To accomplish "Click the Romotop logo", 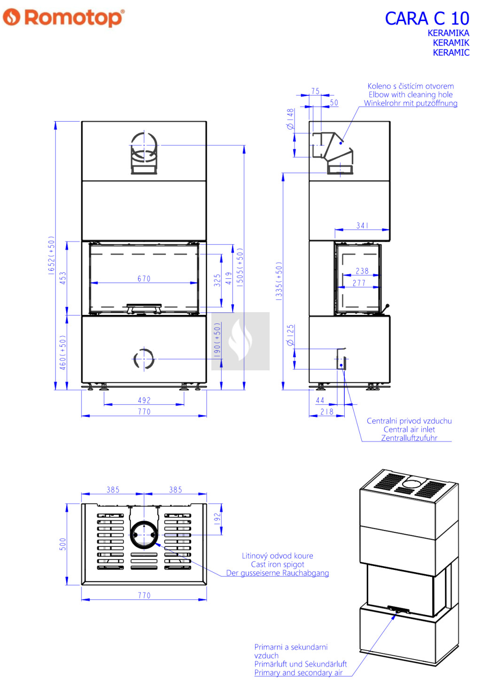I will click(x=63, y=18).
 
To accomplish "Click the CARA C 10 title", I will click(x=427, y=19).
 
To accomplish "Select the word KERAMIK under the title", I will click(x=450, y=43).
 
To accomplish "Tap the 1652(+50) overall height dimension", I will click(x=51, y=255).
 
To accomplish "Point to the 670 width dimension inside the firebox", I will click(x=144, y=279).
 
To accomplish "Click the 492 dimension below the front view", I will click(x=144, y=400).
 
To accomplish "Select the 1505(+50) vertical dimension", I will click(x=240, y=268).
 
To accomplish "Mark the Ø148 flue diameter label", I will click(x=290, y=119).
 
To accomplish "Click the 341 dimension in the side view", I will click(x=362, y=226).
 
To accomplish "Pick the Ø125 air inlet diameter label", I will click(x=290, y=335).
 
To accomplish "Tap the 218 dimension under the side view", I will click(x=326, y=412).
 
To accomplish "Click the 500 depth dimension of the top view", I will click(x=63, y=544).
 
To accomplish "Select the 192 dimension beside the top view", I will click(x=217, y=518).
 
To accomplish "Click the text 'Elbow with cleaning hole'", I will click(x=410, y=94).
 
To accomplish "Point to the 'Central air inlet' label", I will click(x=409, y=430).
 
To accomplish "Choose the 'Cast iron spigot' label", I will click(x=277, y=564).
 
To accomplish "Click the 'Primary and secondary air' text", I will click(x=298, y=673).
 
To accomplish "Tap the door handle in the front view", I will click(x=144, y=308).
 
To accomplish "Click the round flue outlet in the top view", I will click(x=143, y=534).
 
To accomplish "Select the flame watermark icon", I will click(x=240, y=341).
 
